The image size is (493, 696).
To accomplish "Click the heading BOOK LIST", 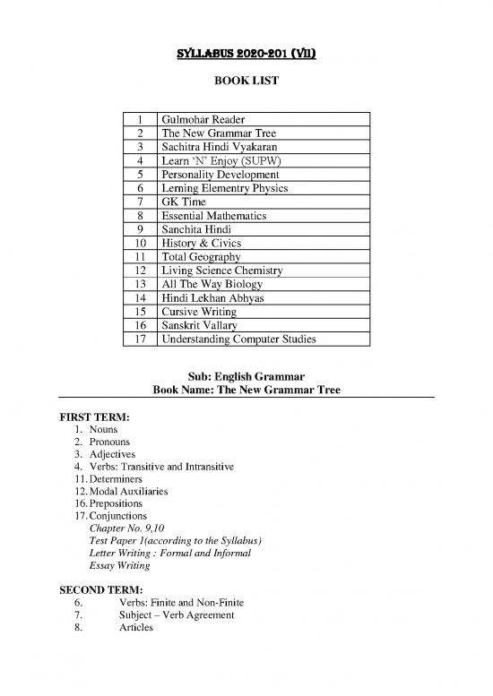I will [246, 82].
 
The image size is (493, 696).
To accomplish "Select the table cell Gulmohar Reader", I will [202, 120].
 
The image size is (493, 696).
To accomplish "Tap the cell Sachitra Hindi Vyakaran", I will [218, 148].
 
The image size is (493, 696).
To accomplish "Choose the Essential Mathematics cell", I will [215, 216].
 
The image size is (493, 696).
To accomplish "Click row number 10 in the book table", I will [140, 244].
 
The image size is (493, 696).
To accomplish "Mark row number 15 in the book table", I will [140, 312].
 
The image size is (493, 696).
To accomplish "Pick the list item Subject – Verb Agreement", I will [177, 615].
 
